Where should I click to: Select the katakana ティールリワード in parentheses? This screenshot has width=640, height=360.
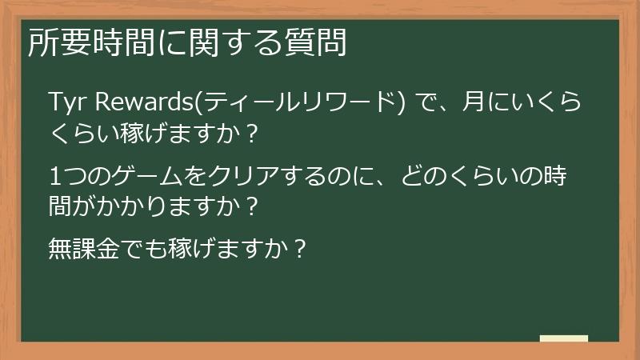point(301,103)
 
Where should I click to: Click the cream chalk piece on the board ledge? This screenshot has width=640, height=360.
point(563,339)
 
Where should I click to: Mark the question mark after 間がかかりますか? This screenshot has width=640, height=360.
point(252,207)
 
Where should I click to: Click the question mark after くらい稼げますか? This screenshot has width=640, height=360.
point(252,134)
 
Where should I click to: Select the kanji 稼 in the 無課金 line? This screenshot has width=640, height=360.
point(186,249)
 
